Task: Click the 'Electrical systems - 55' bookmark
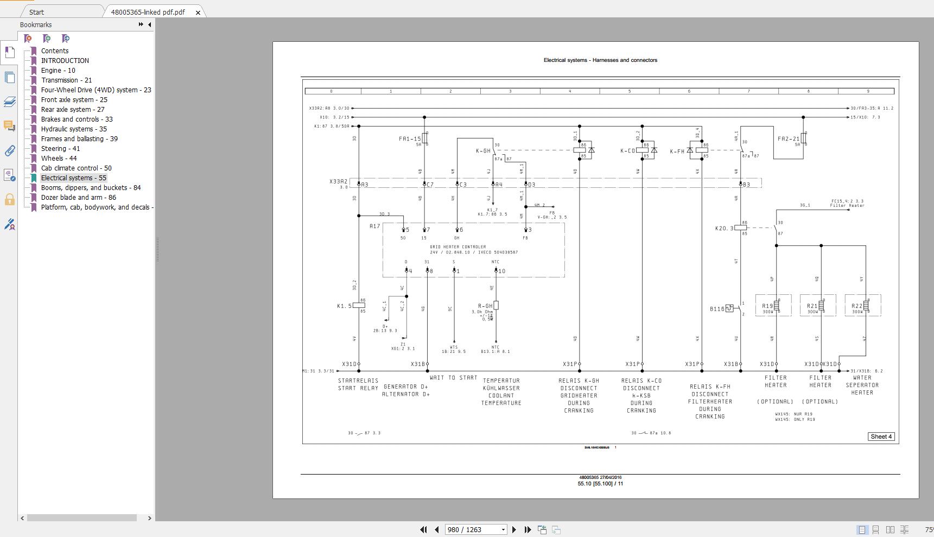tap(73, 178)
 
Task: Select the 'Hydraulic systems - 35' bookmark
tap(73, 129)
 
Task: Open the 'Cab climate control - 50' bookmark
tap(76, 168)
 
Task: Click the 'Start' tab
tap(36, 12)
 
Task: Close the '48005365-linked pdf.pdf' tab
tap(198, 12)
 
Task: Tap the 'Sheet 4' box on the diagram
tap(881, 437)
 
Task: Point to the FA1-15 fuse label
tap(410, 139)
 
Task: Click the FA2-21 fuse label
tap(788, 139)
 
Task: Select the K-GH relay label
tap(483, 151)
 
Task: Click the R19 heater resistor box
tap(773, 306)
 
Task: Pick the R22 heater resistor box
tap(862, 306)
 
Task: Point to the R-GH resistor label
tap(485, 306)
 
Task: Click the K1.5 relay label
tap(344, 306)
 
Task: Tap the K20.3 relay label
tap(724, 229)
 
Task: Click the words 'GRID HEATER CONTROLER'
tap(458, 247)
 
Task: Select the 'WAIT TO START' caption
tap(453, 378)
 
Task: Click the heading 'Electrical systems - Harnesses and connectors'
tap(600, 60)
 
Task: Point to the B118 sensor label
tap(717, 309)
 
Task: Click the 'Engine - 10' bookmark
tap(58, 71)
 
